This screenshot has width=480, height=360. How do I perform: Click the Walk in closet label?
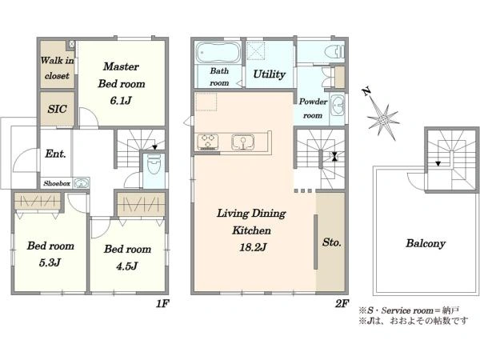[x=58, y=68]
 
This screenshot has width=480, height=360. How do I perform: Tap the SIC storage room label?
[x=58, y=109]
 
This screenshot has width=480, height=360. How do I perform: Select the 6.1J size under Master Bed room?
[x=121, y=101]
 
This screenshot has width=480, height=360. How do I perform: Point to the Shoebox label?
[x=57, y=183]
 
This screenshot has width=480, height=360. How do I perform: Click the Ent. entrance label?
[x=55, y=154]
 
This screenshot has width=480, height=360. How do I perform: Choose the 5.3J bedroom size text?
[x=50, y=262]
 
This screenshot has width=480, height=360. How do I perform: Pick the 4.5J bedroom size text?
[x=126, y=266]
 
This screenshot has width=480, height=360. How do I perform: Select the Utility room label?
[x=269, y=74]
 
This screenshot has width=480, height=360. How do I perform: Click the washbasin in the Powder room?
[x=338, y=106]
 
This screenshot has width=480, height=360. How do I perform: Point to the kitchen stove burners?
[x=208, y=142]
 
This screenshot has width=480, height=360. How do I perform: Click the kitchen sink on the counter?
[x=243, y=142]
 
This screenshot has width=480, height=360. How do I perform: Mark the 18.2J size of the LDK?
[x=253, y=247]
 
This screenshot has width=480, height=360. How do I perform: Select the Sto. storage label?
[x=331, y=242]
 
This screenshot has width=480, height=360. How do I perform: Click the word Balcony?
[x=426, y=244]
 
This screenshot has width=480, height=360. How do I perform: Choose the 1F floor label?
[x=162, y=304]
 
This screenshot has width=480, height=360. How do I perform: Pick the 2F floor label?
[x=342, y=304]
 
